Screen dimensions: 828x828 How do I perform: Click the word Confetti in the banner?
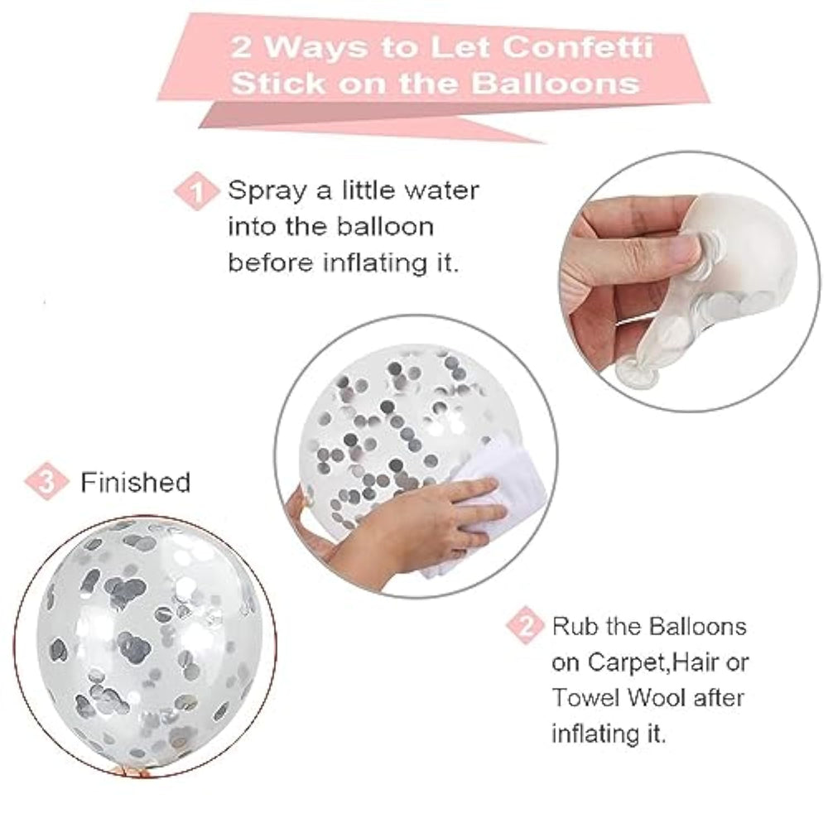578,47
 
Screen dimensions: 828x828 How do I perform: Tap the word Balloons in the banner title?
555,84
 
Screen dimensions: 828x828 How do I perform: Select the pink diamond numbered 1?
196,191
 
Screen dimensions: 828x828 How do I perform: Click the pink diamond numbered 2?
526,626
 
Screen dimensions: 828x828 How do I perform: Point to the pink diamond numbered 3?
46,481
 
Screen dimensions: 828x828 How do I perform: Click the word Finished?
135,483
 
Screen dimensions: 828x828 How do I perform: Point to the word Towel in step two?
585,697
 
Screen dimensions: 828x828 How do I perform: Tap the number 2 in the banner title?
241,47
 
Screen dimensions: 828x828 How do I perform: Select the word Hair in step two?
692,662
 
